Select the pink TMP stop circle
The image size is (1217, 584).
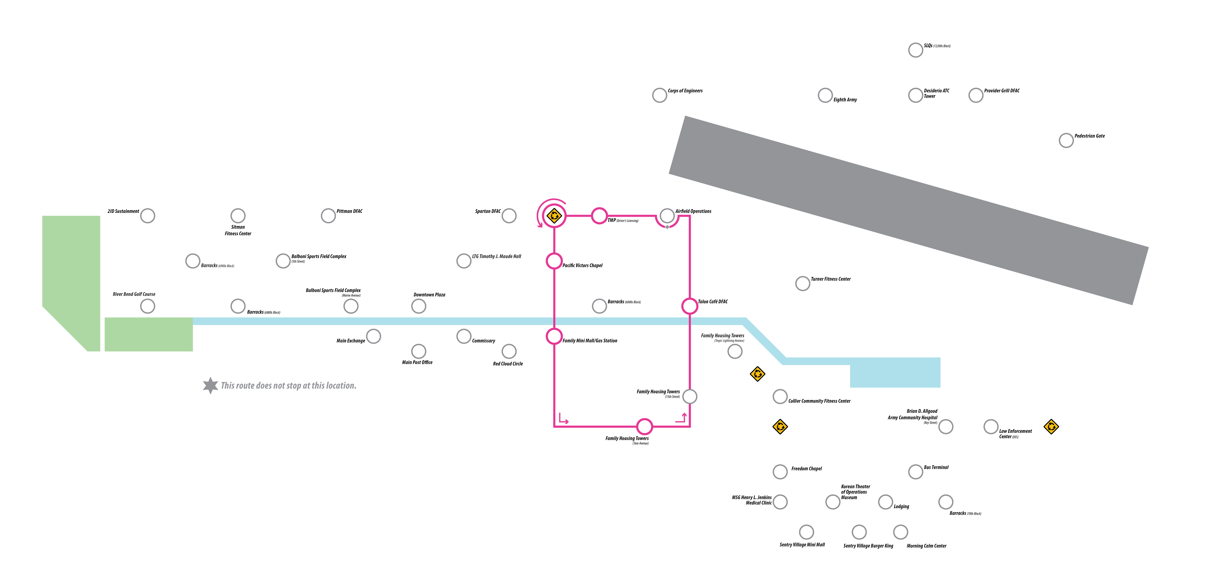tap(599, 215)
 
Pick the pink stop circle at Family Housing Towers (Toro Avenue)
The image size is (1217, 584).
tap(644, 427)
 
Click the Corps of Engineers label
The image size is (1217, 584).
tap(685, 91)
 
